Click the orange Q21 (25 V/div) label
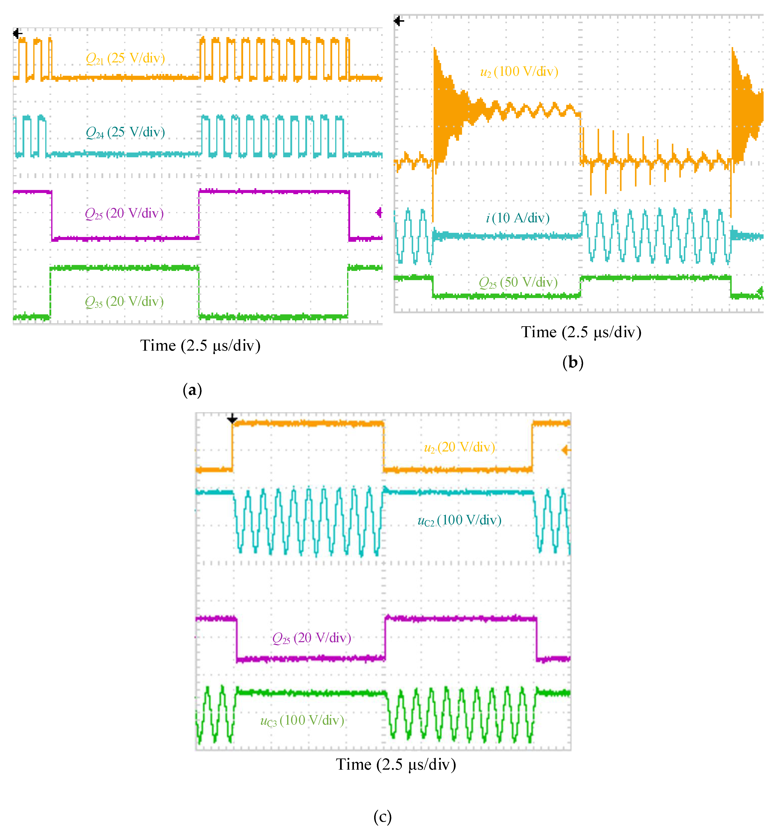[125, 58]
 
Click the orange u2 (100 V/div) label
[519, 72]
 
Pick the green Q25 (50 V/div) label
[518, 283]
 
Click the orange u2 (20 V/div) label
[460, 448]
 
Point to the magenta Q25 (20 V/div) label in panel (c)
[312, 638]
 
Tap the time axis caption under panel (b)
[581, 332]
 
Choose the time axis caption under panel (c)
[396, 765]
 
